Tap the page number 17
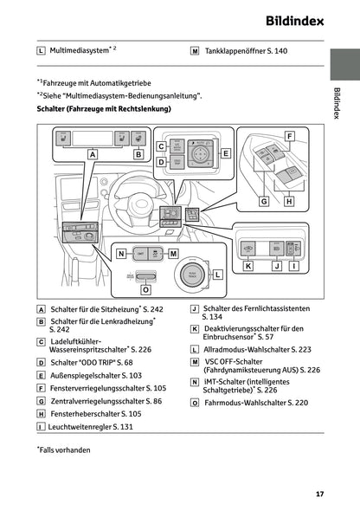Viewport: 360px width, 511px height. click(319, 494)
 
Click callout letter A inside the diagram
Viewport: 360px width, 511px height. click(92, 153)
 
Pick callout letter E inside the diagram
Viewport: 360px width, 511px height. click(226, 153)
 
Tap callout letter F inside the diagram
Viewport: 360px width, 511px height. click(289, 136)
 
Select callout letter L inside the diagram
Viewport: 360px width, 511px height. click(218, 275)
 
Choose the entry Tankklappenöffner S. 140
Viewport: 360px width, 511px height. click(246, 51)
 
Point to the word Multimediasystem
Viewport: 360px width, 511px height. click(80, 51)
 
